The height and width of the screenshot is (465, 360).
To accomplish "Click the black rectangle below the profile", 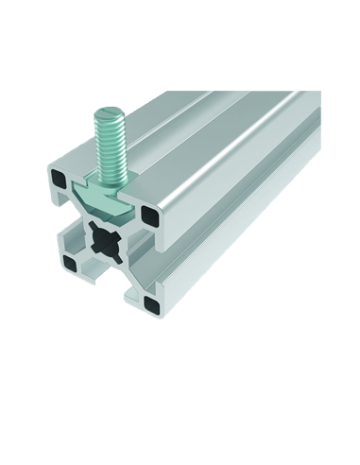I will [180, 347].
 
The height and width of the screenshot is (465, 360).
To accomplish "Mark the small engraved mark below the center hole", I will [111, 273].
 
